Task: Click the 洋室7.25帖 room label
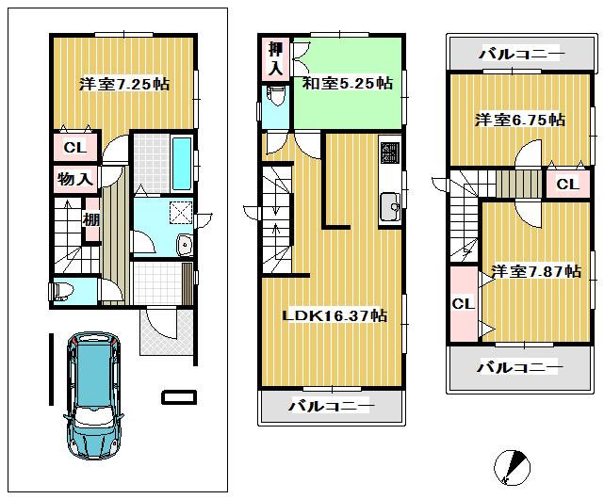pyautogui.click(x=123, y=85)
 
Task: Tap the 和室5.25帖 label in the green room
pyautogui.click(x=347, y=84)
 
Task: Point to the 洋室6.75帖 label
pyautogui.click(x=519, y=121)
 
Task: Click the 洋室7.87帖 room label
pyautogui.click(x=535, y=272)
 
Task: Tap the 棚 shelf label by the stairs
pyautogui.click(x=91, y=221)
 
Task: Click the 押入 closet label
pyautogui.click(x=274, y=57)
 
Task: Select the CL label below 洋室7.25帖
pyautogui.click(x=73, y=148)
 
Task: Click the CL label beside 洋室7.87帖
pyautogui.click(x=462, y=304)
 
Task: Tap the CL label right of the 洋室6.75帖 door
pyautogui.click(x=566, y=185)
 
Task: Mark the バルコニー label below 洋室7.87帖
pyautogui.click(x=519, y=365)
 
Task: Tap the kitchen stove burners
pyautogui.click(x=389, y=151)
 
